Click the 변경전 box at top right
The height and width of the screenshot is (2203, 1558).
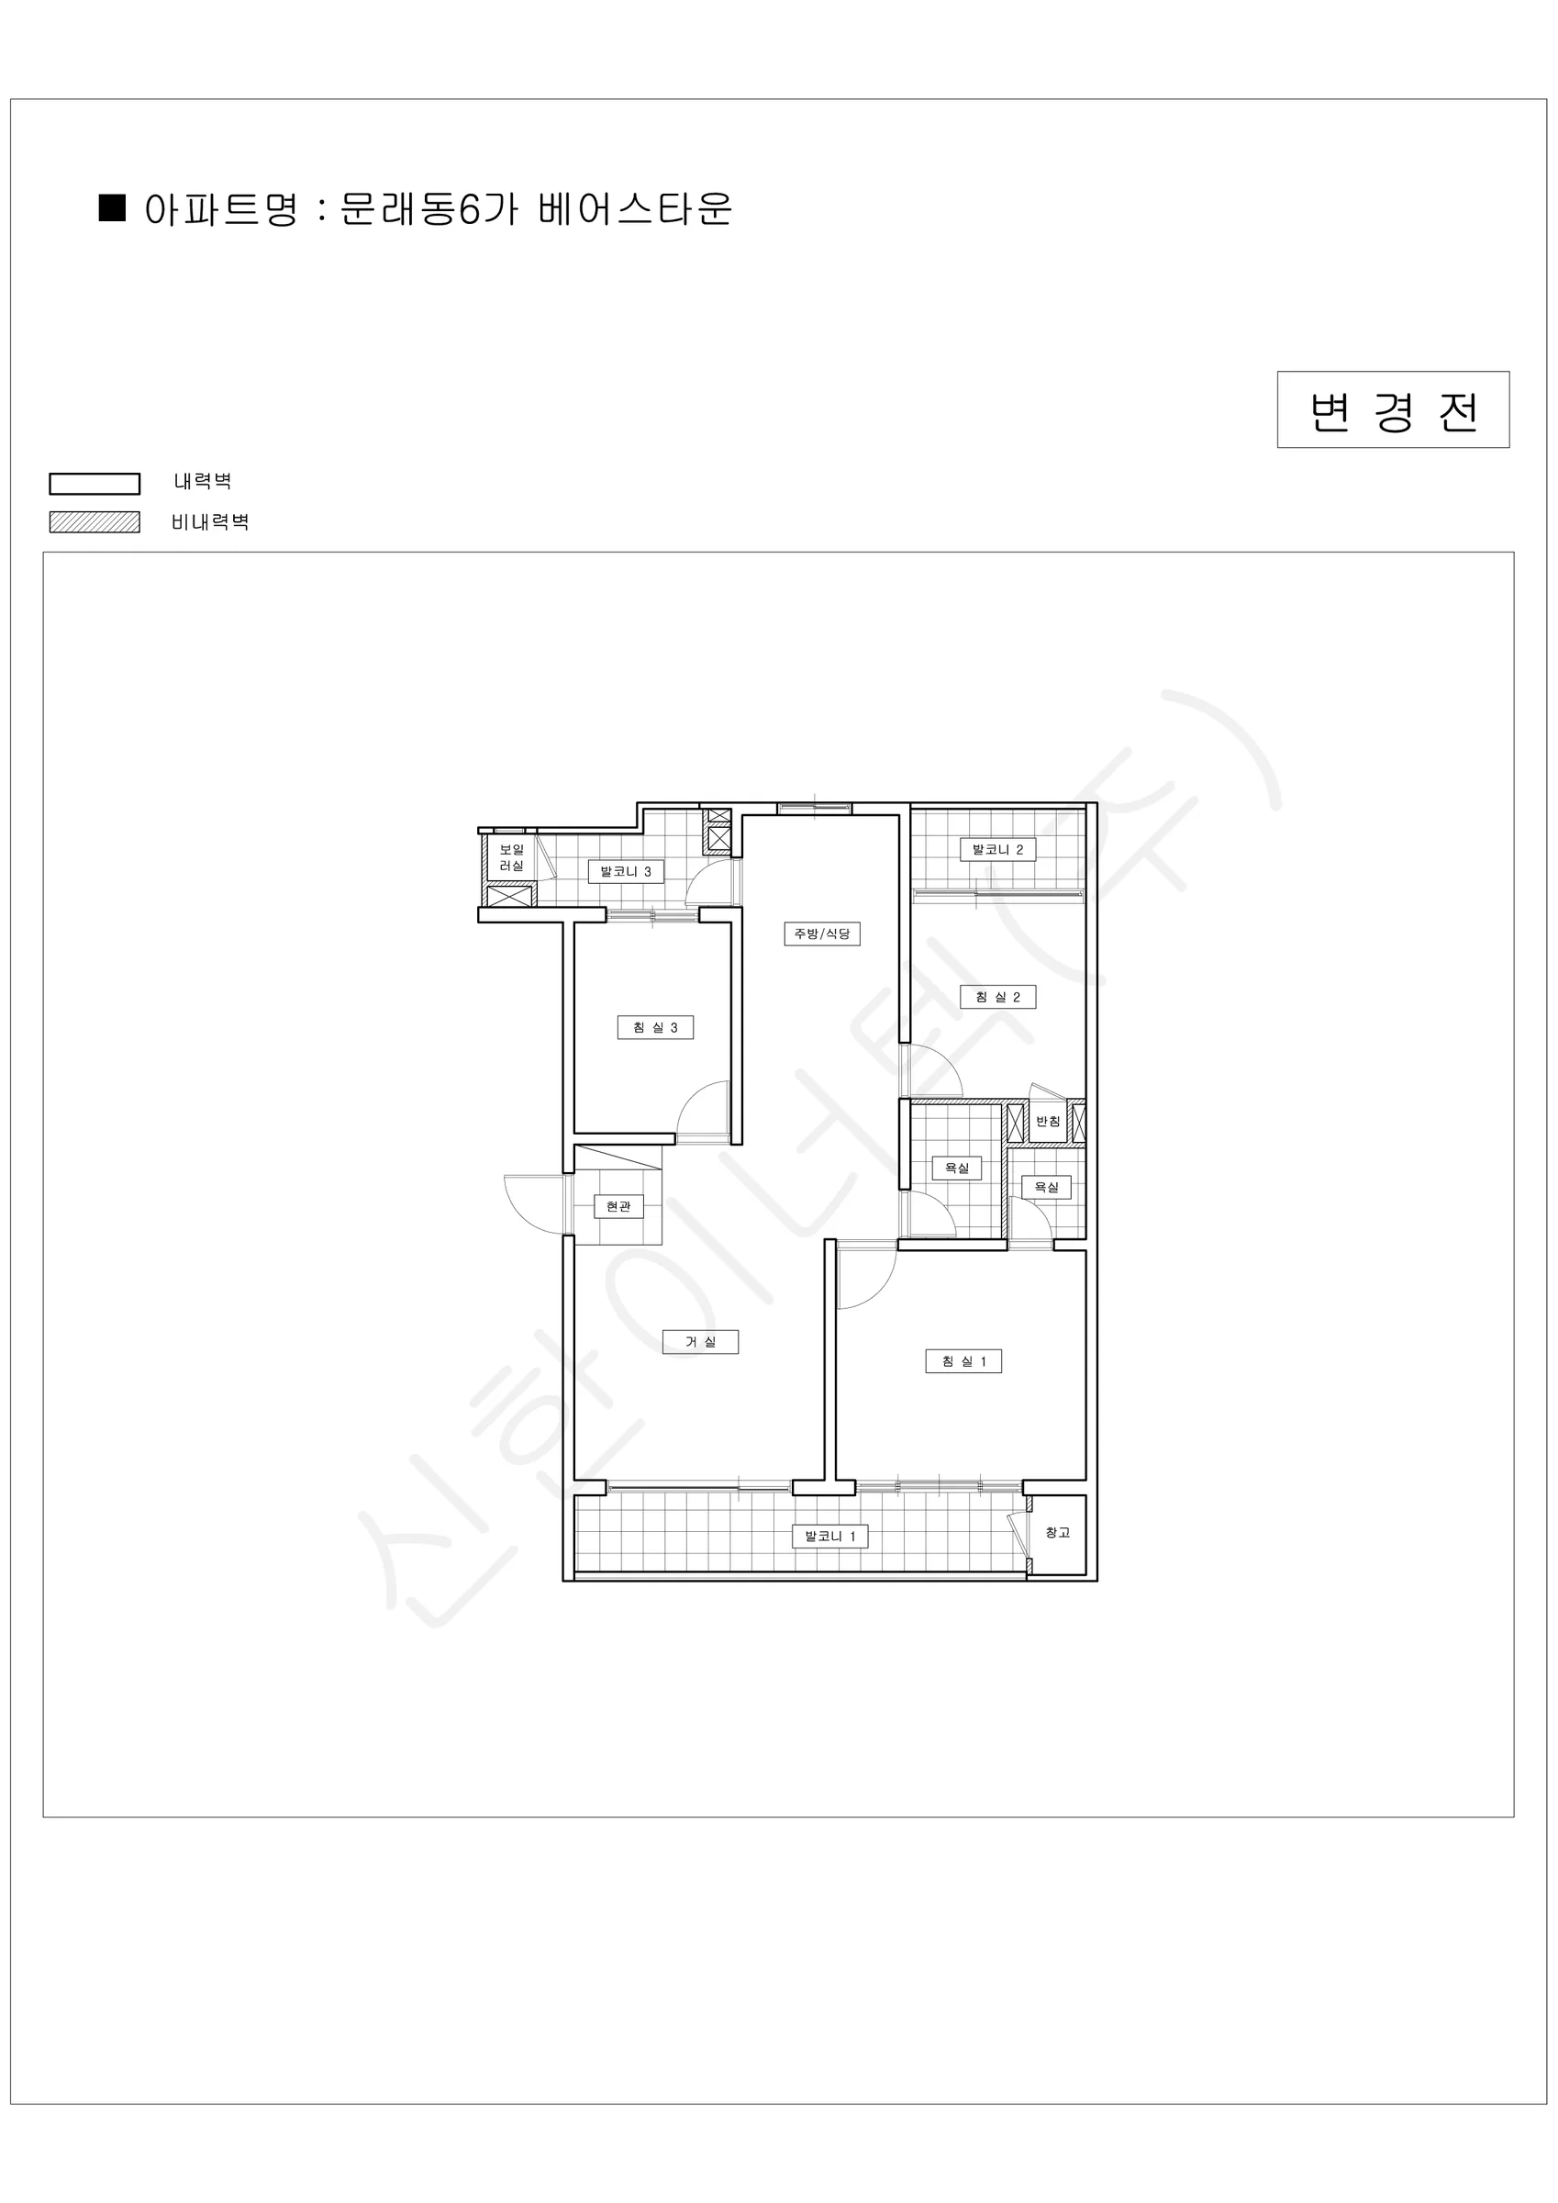(x=1393, y=409)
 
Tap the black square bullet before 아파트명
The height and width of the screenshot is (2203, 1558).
(x=113, y=207)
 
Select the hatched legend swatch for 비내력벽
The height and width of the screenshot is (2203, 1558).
(x=95, y=522)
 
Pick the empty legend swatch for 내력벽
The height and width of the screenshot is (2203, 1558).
(x=95, y=483)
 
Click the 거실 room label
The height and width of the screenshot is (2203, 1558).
(x=700, y=1341)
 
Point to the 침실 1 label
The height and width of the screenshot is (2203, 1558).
(x=963, y=1360)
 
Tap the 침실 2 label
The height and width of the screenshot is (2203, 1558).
(x=997, y=997)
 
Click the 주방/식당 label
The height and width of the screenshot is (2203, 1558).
(x=822, y=934)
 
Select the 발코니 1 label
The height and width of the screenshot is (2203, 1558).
(x=829, y=1537)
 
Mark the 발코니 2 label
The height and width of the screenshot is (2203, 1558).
(x=997, y=849)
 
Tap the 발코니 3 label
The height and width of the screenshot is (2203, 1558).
(x=626, y=871)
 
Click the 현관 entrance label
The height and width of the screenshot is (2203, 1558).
(x=618, y=1206)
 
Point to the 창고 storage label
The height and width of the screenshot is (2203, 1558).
(x=1057, y=1532)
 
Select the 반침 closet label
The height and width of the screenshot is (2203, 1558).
(x=1048, y=1121)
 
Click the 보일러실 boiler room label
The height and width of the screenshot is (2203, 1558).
(x=511, y=857)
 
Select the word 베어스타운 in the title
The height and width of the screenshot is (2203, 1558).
(x=635, y=208)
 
